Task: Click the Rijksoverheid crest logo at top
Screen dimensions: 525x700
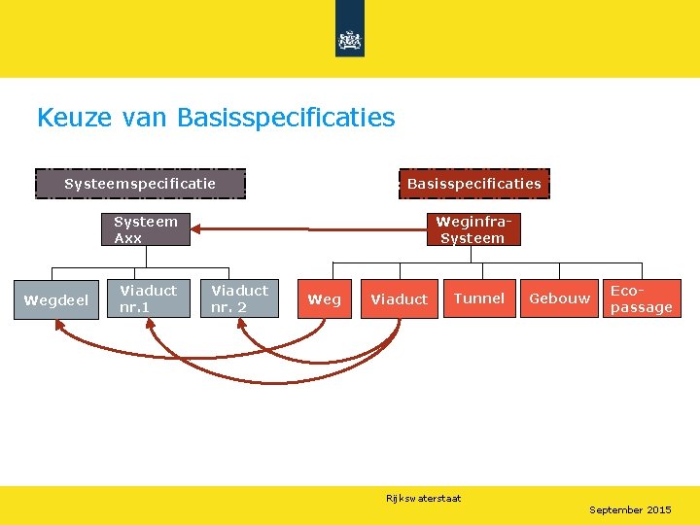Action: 349,40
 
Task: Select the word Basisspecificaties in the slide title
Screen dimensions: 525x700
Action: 286,119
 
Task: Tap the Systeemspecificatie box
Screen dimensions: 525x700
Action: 140,184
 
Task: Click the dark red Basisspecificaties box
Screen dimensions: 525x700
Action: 473,184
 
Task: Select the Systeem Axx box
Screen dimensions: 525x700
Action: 146,229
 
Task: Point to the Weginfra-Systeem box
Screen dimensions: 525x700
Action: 472,229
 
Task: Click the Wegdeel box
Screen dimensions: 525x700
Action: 56,300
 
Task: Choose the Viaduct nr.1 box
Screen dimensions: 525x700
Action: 148,299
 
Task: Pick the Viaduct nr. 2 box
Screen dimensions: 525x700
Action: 239,299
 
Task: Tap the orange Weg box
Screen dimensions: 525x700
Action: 324,299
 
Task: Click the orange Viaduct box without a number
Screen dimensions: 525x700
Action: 399,299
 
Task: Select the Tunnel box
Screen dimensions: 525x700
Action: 479,298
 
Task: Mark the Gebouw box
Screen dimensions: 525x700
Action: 559,298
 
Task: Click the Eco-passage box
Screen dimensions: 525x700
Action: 641,298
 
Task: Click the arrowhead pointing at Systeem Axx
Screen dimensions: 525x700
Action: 196,229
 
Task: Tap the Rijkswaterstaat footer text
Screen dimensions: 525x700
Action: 423,499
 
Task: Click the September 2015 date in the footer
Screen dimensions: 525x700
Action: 630,509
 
